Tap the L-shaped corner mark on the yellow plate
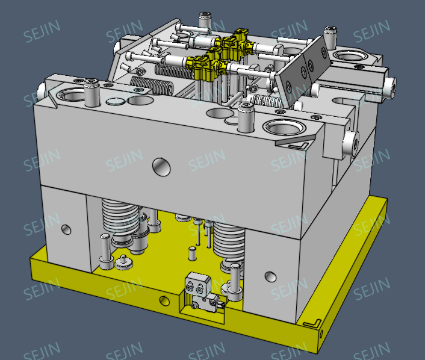tap(312, 323)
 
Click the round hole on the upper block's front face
tap(161, 166)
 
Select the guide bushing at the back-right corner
tap(350, 57)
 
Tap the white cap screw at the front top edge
tap(244, 116)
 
